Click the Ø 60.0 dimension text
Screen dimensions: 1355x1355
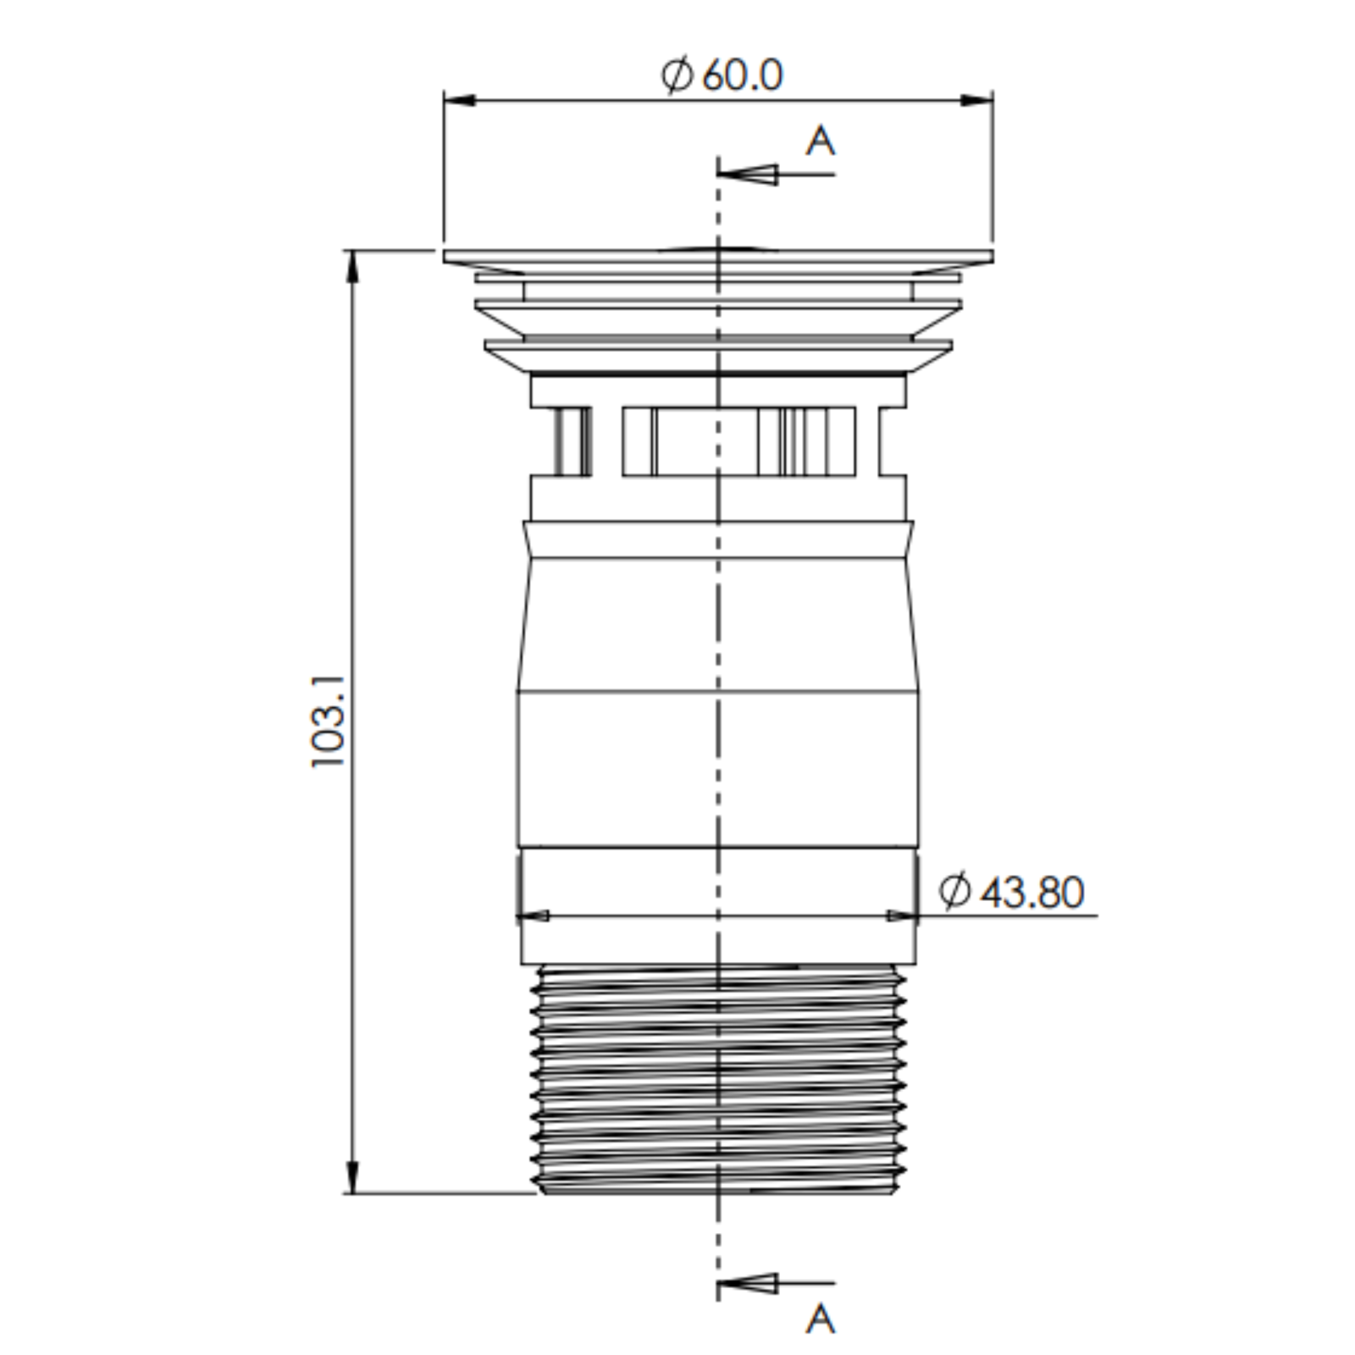coord(722,75)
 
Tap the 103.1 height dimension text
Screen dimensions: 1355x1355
coord(329,722)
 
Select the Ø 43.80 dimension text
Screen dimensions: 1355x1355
coord(1011,892)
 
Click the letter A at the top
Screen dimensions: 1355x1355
coord(820,141)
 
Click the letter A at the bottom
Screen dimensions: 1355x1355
coord(820,1319)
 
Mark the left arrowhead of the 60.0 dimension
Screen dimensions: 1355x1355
coord(458,101)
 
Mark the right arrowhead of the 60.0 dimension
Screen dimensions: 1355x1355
coord(977,101)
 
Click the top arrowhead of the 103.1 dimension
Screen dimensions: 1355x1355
coord(353,266)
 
